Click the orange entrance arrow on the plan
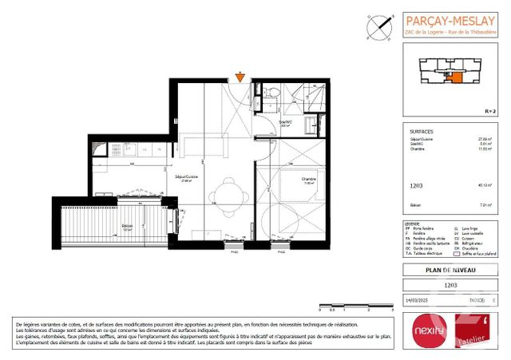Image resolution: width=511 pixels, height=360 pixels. pyautogui.click(x=238, y=77)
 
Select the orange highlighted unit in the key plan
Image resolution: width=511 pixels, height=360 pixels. pyautogui.click(x=456, y=77)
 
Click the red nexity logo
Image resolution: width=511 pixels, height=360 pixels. pyautogui.click(x=427, y=329)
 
